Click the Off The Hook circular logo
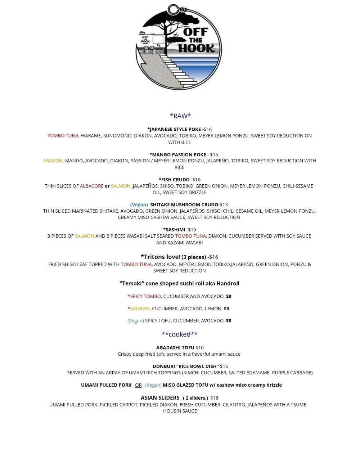click(x=179, y=47)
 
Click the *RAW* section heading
click(x=180, y=116)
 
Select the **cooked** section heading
click(x=180, y=334)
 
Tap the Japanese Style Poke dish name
click(x=174, y=129)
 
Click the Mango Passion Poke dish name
click(x=179, y=154)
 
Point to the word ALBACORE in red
click(x=91, y=186)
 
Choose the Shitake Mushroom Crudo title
click(x=185, y=204)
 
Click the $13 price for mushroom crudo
click(x=224, y=204)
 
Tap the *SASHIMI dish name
click(x=174, y=230)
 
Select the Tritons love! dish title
click(x=161, y=257)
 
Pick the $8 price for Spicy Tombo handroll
click(x=229, y=296)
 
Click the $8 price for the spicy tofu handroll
click(x=229, y=321)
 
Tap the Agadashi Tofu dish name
click(x=175, y=348)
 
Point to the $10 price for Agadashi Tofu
click(x=200, y=348)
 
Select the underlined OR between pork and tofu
click(x=138, y=385)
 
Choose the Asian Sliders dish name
click(x=160, y=398)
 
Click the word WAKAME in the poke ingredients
click(x=90, y=136)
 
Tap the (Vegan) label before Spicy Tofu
click(x=135, y=321)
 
